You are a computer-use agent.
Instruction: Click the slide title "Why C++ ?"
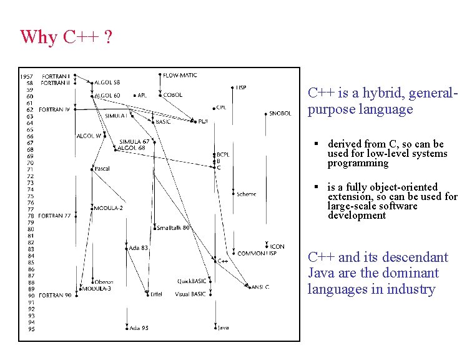[66, 37]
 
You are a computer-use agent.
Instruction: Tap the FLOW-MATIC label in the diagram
[180, 76]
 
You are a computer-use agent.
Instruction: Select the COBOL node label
[173, 95]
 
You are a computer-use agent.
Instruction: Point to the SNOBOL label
[280, 114]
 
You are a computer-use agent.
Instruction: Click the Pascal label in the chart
[102, 169]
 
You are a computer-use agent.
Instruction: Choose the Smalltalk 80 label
[173, 228]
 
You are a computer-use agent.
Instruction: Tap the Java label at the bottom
[224, 327]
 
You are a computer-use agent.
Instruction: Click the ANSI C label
[260, 287]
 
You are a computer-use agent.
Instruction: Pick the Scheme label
[247, 194]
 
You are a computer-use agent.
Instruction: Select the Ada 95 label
[139, 327]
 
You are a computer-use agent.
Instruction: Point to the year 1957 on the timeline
[27, 76]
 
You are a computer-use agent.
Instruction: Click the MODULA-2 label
[109, 208]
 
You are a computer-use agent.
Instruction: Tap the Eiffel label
[156, 294]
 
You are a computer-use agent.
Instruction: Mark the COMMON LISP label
[257, 254]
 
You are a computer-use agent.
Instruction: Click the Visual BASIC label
[191, 294]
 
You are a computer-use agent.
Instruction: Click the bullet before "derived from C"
[317, 144]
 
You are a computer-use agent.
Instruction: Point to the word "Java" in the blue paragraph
[322, 273]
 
